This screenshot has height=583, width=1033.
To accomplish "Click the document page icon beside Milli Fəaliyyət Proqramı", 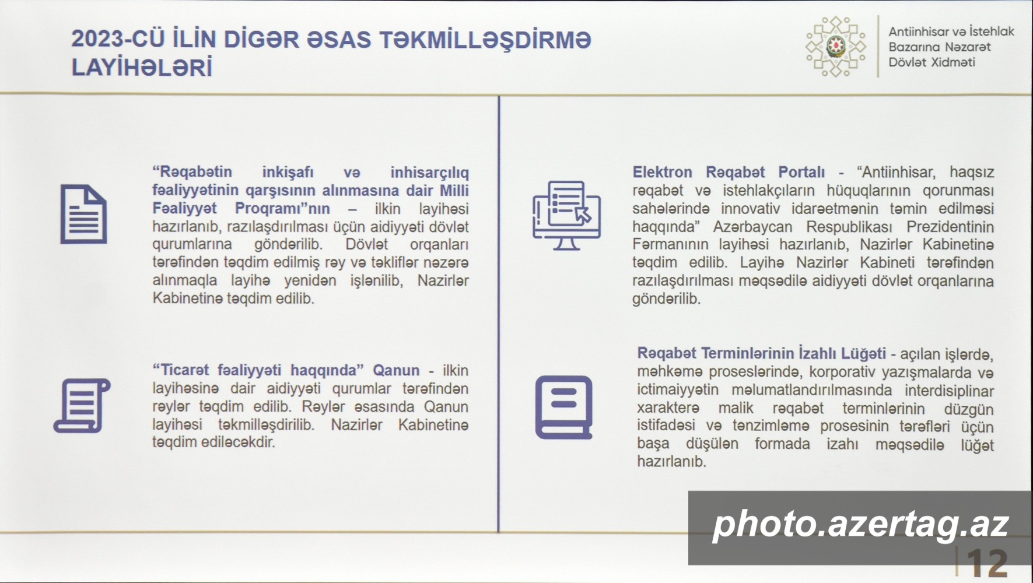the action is click(x=83, y=214).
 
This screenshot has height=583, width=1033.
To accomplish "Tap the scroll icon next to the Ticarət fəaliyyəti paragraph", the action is click(x=82, y=406).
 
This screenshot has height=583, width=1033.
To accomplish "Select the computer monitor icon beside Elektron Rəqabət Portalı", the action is click(x=566, y=215).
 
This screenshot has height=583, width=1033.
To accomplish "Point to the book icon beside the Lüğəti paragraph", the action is click(x=564, y=407).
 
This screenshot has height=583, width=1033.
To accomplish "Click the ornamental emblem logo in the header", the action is click(x=836, y=47).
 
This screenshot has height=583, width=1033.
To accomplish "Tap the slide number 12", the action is click(x=988, y=564).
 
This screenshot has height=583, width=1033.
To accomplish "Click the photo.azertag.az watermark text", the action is click(x=860, y=524).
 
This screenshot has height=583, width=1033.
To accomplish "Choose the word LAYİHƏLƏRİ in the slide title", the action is click(x=142, y=68).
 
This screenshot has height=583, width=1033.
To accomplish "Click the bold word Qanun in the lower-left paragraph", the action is click(x=396, y=371).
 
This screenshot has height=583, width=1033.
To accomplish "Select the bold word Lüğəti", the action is click(x=863, y=353).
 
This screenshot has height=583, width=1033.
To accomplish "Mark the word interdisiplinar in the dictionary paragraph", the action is click(x=950, y=390).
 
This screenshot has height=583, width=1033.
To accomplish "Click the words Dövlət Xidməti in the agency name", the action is click(x=932, y=62).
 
